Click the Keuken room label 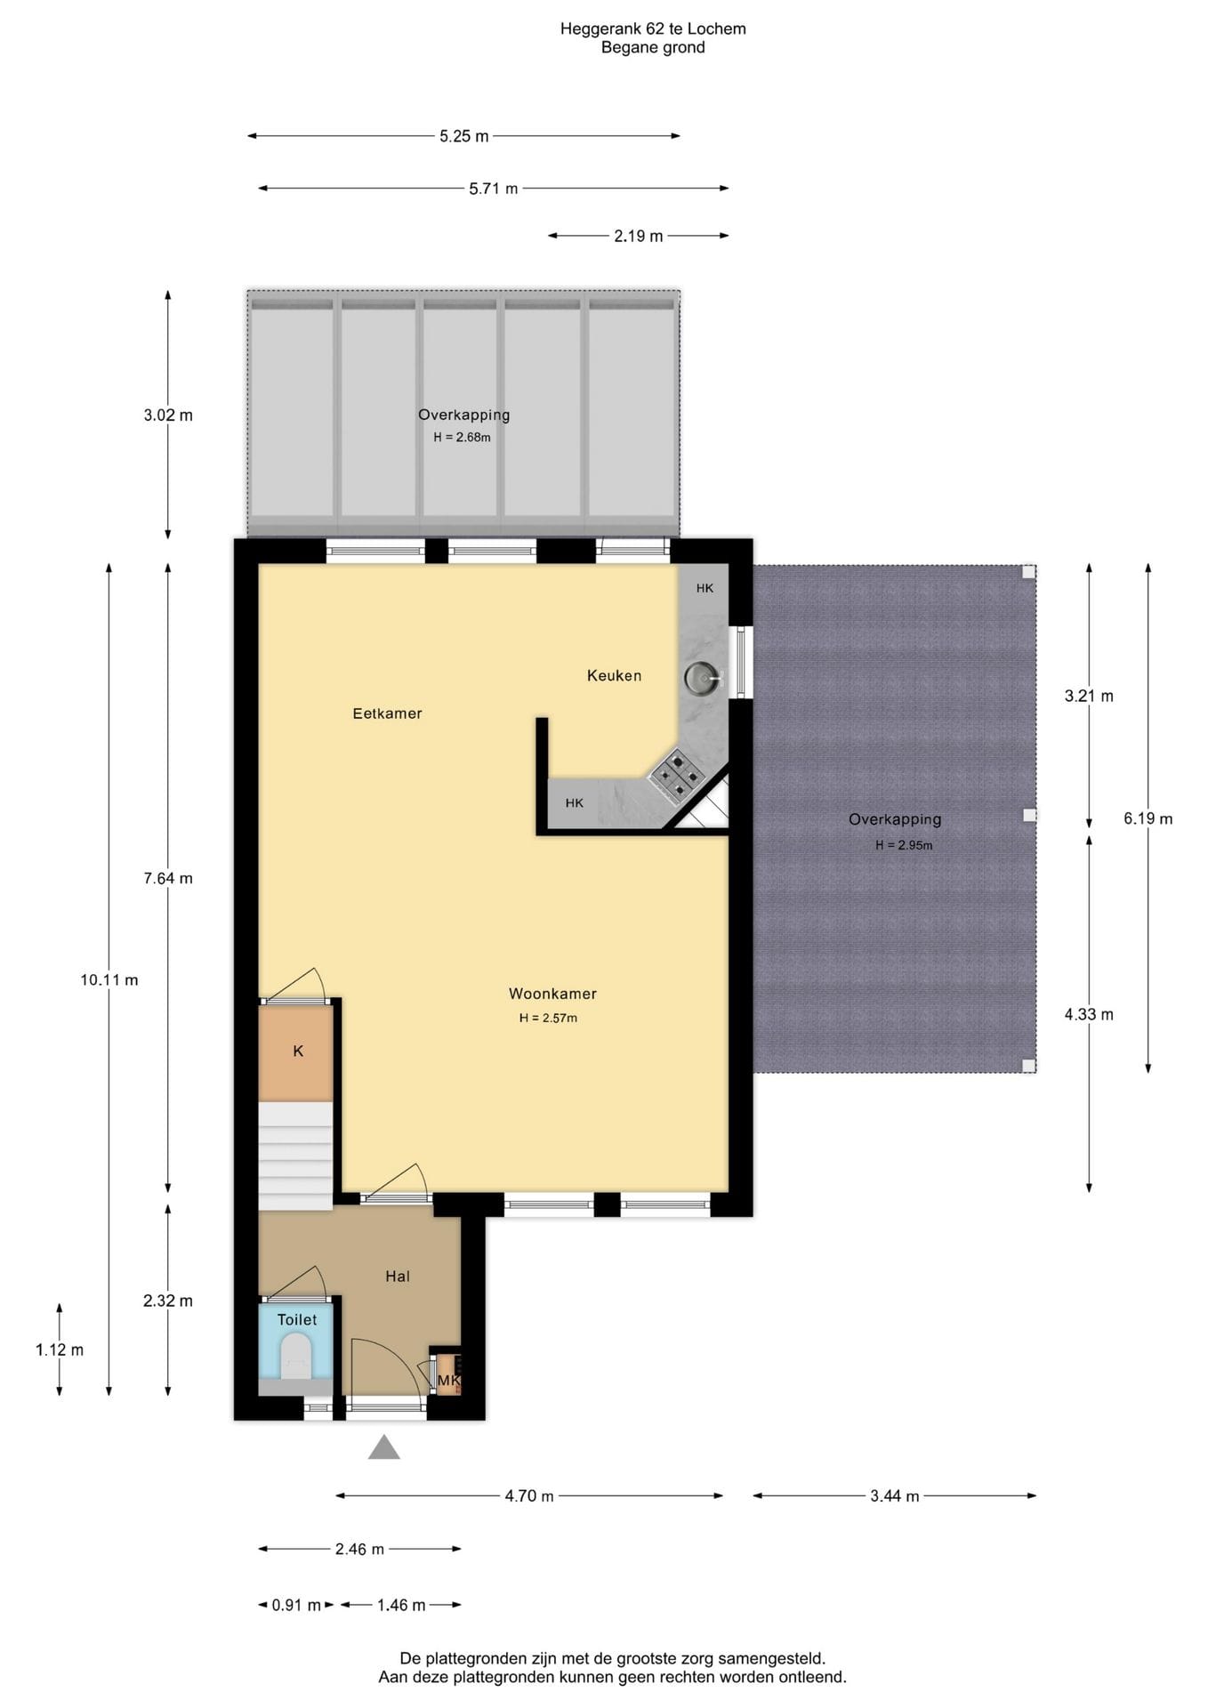point(614,675)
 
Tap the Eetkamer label point(387,713)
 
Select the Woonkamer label point(552,994)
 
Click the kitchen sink point(702,679)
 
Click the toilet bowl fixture point(295,1360)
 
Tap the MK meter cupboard point(448,1374)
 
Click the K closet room point(296,1052)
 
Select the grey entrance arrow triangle point(384,1447)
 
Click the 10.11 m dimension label point(109,980)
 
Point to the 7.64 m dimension point(168,878)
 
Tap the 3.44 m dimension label point(895,1496)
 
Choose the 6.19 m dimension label point(1148,818)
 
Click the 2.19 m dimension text point(639,236)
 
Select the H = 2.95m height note point(904,845)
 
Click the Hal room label point(398,1277)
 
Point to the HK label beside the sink point(705,588)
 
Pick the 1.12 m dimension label point(60,1349)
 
